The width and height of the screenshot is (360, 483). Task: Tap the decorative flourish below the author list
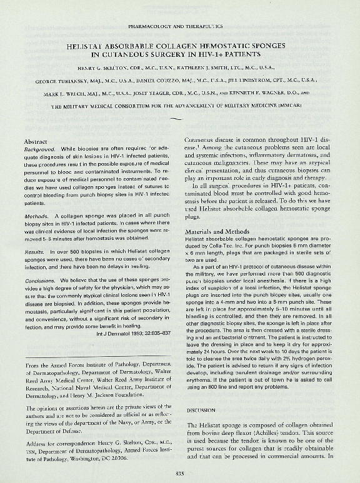(x=176, y=119)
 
